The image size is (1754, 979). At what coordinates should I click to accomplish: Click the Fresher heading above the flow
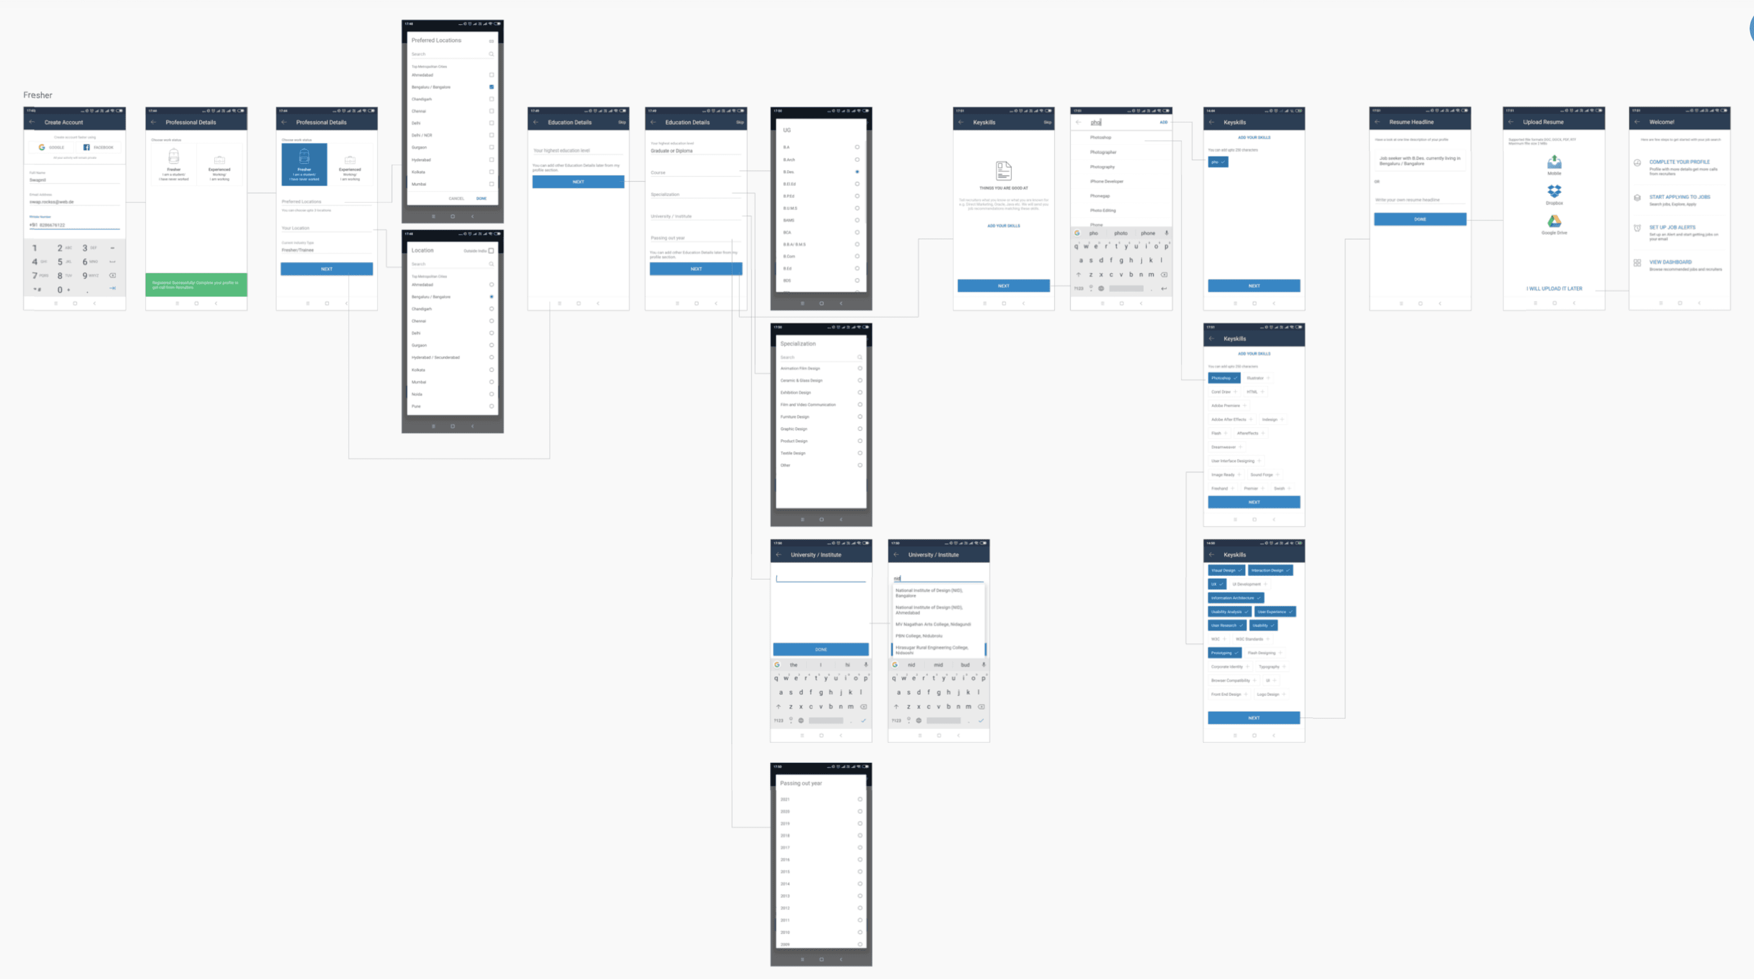37,95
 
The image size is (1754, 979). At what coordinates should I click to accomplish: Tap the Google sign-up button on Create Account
51,147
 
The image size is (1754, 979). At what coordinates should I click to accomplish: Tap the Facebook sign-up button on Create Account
98,147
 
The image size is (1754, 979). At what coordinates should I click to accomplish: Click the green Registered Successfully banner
196,285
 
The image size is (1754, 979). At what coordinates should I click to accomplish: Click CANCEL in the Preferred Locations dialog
456,199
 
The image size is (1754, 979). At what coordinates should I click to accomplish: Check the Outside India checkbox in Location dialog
491,251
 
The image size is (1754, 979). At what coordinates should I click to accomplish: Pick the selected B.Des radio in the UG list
857,171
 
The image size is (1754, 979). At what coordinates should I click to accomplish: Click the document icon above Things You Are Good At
1003,170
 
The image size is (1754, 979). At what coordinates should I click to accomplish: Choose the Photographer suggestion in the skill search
1103,152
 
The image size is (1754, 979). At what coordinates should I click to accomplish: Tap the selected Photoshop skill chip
1224,378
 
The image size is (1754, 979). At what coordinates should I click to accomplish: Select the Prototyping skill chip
1224,653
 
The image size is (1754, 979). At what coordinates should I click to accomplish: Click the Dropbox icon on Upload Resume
1554,191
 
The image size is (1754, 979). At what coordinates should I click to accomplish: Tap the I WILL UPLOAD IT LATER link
1554,289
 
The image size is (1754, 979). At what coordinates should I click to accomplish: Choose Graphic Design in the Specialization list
794,429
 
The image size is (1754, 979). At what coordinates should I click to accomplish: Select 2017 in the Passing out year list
785,848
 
